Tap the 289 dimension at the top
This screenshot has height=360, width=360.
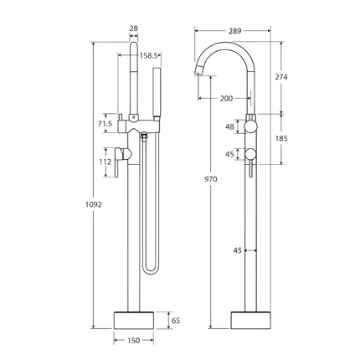[x=234, y=30]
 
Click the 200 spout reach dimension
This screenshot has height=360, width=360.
[x=225, y=99]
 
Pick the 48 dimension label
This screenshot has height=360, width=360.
[x=229, y=127]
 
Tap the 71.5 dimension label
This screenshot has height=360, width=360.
[x=105, y=124]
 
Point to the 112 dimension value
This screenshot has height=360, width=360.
[x=105, y=162]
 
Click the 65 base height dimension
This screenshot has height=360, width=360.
[x=174, y=319]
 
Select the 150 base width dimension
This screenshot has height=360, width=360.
[x=134, y=341]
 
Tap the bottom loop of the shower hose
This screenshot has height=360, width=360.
[x=150, y=270]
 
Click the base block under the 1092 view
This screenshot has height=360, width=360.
[x=134, y=320]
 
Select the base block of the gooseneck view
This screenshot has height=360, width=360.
[x=251, y=320]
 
